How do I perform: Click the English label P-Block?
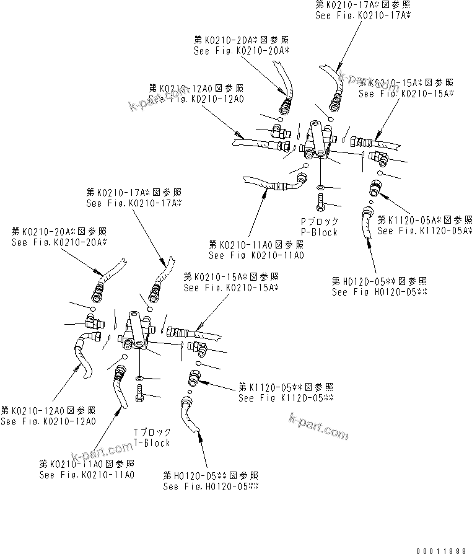click(x=319, y=232)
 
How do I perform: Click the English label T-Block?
click(x=151, y=442)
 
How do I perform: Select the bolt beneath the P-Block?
click(x=320, y=201)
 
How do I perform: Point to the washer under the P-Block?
click(x=320, y=187)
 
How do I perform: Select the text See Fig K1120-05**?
click(x=286, y=398)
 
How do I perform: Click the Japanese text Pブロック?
click(x=320, y=221)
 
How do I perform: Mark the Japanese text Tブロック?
click(x=152, y=432)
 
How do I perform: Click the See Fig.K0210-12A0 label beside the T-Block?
click(x=48, y=421)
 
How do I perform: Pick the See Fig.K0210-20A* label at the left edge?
click(x=59, y=242)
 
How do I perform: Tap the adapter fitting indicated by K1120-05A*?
click(x=375, y=185)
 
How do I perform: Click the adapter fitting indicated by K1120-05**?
click(x=193, y=377)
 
